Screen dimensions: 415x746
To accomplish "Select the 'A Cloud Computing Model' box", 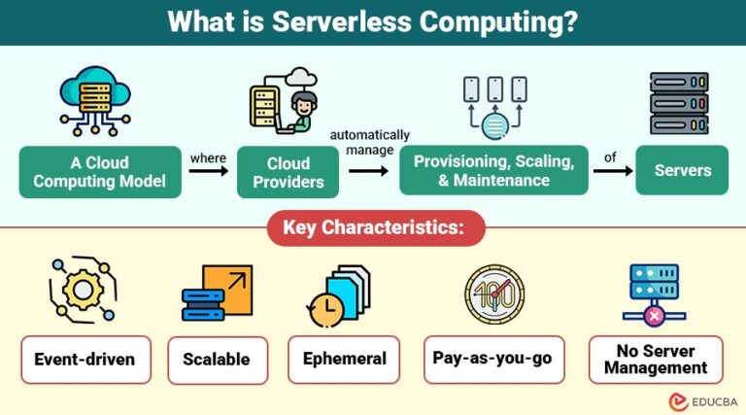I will click(x=100, y=172).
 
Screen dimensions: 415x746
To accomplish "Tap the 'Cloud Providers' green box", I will click(x=288, y=172).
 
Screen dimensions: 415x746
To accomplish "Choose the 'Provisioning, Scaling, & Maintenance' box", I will click(x=493, y=170).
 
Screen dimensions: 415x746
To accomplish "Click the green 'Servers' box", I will click(x=682, y=170).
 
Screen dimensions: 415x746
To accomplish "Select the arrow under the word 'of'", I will click(x=612, y=170).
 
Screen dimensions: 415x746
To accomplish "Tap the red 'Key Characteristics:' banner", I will click(x=373, y=228).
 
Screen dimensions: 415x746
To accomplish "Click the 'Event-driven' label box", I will click(x=85, y=360).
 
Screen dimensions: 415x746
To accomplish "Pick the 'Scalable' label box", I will click(x=217, y=360).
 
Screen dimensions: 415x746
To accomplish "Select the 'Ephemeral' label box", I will click(x=345, y=360).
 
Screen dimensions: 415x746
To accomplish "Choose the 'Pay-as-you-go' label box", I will click(x=492, y=360).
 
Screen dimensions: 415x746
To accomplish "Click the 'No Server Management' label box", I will click(x=656, y=360).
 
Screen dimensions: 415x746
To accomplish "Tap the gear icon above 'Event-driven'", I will click(x=84, y=289).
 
